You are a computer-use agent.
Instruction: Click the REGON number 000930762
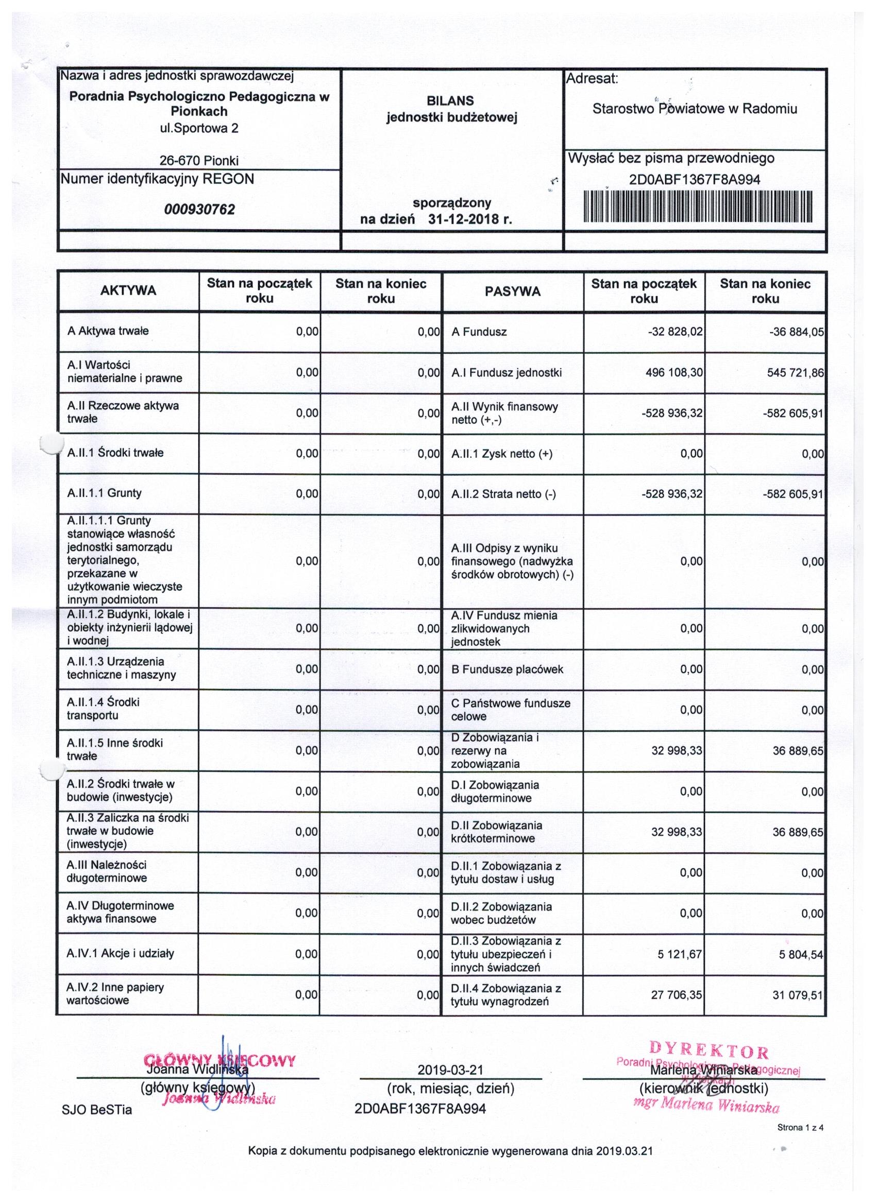[200, 210]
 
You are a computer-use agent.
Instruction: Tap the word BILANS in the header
[450, 101]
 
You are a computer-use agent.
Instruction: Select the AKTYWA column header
[128, 291]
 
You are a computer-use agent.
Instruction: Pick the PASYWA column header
[513, 291]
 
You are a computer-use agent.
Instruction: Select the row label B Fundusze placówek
[508, 669]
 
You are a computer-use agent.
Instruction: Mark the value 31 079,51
[797, 995]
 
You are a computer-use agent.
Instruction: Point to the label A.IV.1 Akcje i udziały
[121, 953]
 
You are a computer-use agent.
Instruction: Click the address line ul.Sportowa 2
[199, 128]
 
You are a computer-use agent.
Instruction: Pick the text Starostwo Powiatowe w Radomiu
[695, 109]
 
